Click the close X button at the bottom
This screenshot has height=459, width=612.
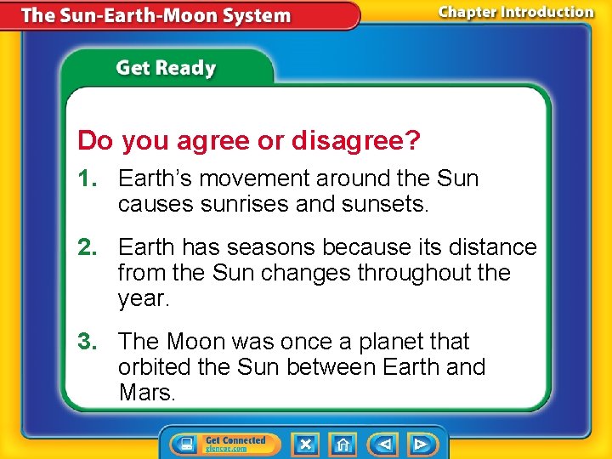pyautogui.click(x=306, y=444)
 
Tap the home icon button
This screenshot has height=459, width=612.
pyautogui.click(x=343, y=444)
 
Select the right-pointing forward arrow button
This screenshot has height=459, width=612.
pyautogui.click(x=420, y=444)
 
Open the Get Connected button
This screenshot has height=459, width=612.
pyautogui.click(x=220, y=444)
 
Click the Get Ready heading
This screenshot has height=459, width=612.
pyautogui.click(x=166, y=68)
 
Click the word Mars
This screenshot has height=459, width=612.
pyautogui.click(x=147, y=394)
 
